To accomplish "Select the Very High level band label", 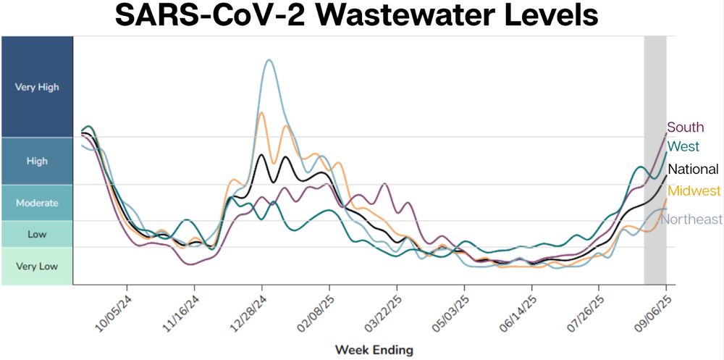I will [x=37, y=87].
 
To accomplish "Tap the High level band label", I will [x=37, y=161].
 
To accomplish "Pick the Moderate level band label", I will [x=37, y=203].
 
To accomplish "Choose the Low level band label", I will [x=37, y=234].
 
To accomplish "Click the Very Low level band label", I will [x=37, y=266].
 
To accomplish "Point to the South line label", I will [x=685, y=127].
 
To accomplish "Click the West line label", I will [x=683, y=146].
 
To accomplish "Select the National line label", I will [x=693, y=169].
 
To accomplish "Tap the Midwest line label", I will [x=694, y=191].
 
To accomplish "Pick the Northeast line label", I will [x=691, y=219].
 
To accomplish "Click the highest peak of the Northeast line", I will [x=269, y=60].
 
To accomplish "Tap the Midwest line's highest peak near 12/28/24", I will [x=261, y=112].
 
